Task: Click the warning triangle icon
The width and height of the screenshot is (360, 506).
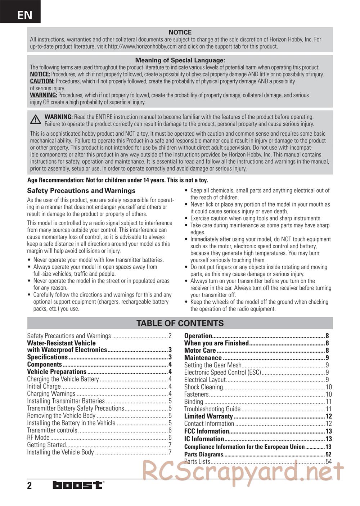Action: pyautogui.click(x=35, y=119)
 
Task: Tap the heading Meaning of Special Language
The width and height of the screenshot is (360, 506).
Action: pyautogui.click(x=180, y=60)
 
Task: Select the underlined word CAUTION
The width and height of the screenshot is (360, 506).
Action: pyautogui.click(x=42, y=81)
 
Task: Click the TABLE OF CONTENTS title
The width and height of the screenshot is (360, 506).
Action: pyautogui.click(x=180, y=323)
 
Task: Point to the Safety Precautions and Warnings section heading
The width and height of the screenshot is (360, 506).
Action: pyautogui.click(x=81, y=191)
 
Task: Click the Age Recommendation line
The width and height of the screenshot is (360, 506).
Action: pyautogui.click(x=117, y=180)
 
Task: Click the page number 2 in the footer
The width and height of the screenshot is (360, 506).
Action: pyautogui.click(x=30, y=486)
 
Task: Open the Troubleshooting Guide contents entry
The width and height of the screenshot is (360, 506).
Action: pyautogui.click(x=212, y=409)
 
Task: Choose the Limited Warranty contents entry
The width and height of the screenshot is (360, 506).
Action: pyautogui.click(x=208, y=416)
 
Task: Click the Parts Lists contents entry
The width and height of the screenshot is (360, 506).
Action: pyautogui.click(x=197, y=461)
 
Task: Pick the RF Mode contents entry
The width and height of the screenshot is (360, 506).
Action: pyautogui.click(x=38, y=438)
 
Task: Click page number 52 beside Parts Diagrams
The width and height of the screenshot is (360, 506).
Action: pyautogui.click(x=328, y=454)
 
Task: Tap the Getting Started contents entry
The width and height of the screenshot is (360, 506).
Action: pyautogui.click(x=46, y=445)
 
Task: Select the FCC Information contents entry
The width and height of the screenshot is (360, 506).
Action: pyautogui.click(x=207, y=431)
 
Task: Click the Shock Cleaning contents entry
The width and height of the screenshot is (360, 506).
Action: pyautogui.click(x=203, y=387)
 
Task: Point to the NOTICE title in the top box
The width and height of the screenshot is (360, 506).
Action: pyautogui.click(x=180, y=32)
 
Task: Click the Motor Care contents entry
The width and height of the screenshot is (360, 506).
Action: pyautogui.click(x=200, y=351)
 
